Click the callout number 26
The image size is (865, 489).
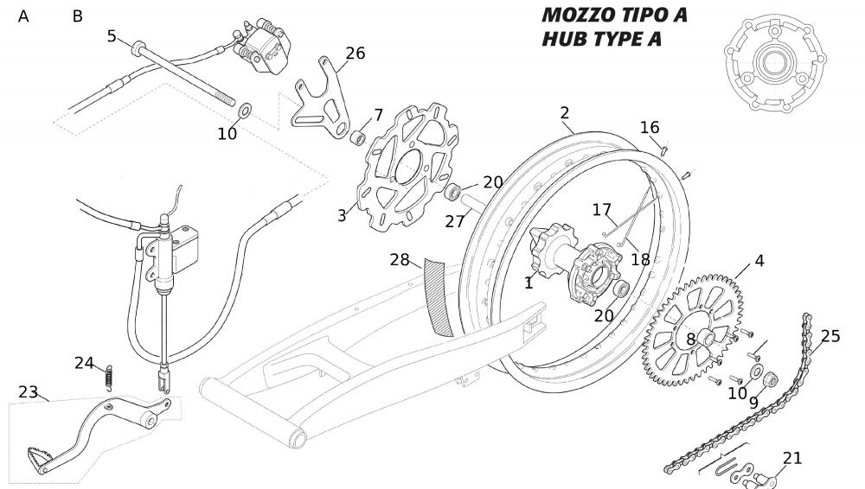pos(355,54)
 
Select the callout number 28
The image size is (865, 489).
pos(399,259)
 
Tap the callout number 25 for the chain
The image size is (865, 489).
pos(830,336)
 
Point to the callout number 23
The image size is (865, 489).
pos(29,391)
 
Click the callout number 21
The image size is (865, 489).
pos(792,458)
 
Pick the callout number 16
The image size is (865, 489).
pos(650,128)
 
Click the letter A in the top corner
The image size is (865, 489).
pos(23,16)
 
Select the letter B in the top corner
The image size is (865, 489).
pos(78,16)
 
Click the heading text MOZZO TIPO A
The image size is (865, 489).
pos(614,16)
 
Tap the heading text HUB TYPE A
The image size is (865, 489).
pos(601,40)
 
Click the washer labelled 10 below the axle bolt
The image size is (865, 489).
pos(245,111)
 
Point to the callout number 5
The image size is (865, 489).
pos(112,35)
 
